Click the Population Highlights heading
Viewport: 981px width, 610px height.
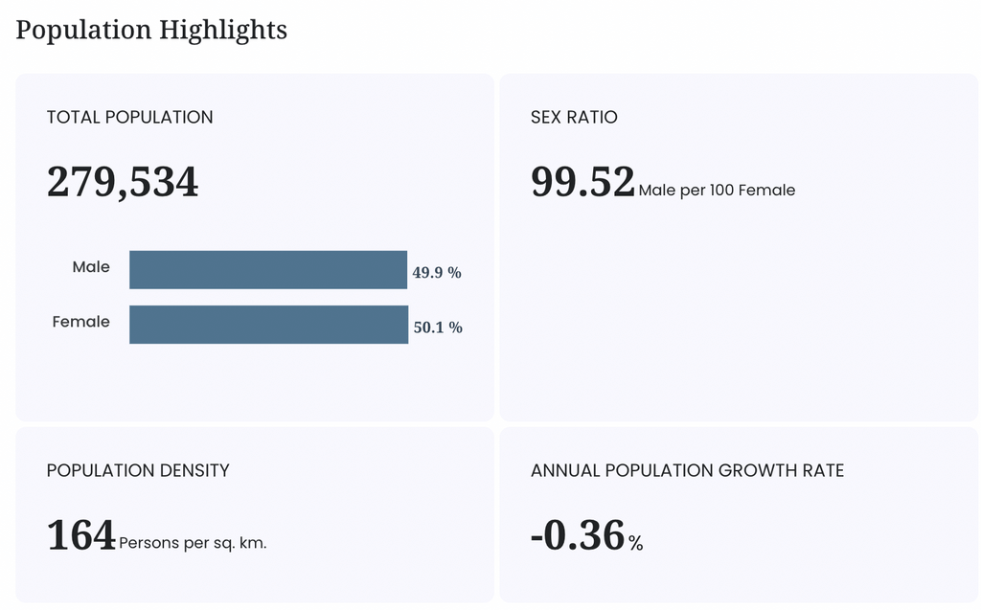click(151, 30)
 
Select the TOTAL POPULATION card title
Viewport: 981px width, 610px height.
click(129, 117)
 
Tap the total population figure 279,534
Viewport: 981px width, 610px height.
click(123, 182)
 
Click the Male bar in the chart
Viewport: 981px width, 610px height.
click(268, 270)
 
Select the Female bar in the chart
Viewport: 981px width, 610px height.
click(269, 324)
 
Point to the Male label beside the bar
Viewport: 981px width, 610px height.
click(91, 266)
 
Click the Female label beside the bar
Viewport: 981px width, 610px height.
click(81, 322)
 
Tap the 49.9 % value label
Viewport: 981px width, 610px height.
click(437, 272)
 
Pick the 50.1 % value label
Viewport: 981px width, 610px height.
click(438, 328)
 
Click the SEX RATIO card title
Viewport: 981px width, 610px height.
click(575, 117)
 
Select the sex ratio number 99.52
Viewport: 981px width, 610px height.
click(583, 181)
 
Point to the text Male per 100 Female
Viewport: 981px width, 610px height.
click(717, 191)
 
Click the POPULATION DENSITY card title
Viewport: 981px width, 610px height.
click(138, 470)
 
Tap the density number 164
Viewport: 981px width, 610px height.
click(81, 535)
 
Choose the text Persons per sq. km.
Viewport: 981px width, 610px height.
click(193, 543)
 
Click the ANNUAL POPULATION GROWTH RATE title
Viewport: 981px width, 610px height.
click(688, 470)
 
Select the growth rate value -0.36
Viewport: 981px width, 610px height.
click(578, 535)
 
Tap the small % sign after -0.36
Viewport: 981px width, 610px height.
click(636, 543)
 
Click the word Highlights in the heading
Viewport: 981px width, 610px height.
click(222, 30)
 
